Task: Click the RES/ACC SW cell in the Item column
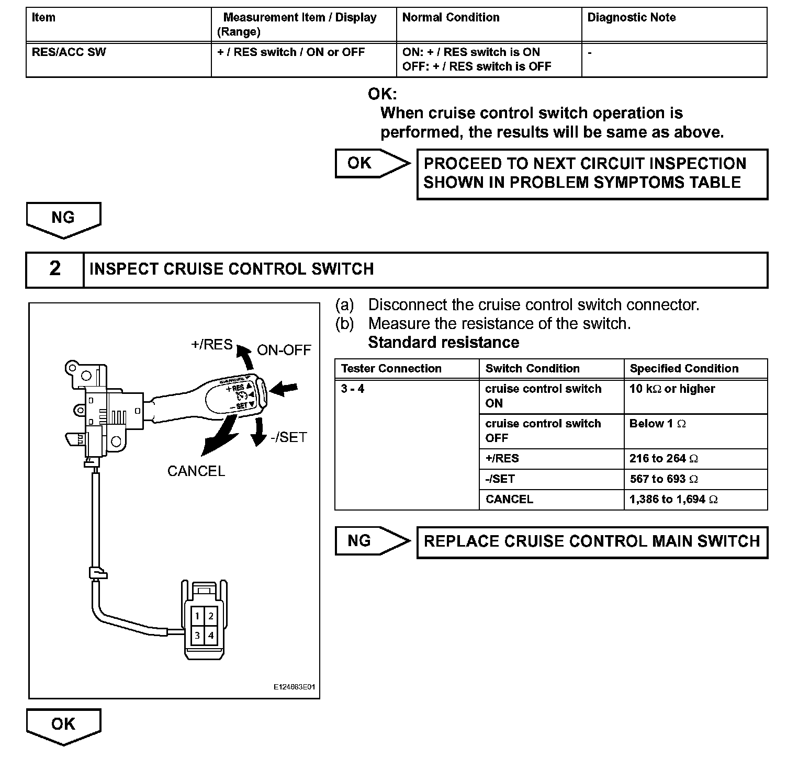[69, 52]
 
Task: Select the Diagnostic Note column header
[631, 18]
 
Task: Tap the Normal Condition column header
[451, 18]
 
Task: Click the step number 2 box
[55, 269]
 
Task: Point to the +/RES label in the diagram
[212, 344]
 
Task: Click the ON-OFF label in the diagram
[284, 350]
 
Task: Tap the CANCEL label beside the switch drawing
[196, 471]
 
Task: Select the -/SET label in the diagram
[289, 437]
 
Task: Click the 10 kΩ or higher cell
[672, 389]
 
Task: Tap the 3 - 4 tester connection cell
[353, 389]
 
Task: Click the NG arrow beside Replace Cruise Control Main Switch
[372, 541]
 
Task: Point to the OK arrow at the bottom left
[63, 726]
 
